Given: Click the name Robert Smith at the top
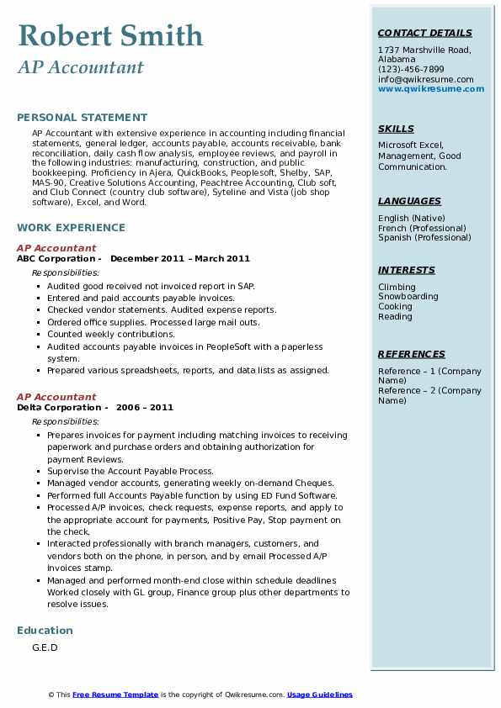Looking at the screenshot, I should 110,36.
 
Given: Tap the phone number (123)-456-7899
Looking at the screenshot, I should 411,70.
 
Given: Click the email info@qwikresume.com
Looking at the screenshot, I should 425,80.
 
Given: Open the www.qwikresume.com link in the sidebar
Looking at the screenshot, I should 425,89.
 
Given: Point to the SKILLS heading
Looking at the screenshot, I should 396,129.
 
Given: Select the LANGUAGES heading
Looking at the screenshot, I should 409,202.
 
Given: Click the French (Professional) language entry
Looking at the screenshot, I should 422,229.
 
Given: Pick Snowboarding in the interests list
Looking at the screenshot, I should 408,297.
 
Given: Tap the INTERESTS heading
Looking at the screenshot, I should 406,271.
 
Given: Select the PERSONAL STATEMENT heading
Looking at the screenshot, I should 82,118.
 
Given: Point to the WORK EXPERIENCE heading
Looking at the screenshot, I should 71,228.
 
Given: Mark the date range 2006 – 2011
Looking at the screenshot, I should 145,408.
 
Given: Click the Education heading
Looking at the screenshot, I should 45,631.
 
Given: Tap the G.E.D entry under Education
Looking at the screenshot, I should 44,648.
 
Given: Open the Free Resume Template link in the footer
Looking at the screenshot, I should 115,695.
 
